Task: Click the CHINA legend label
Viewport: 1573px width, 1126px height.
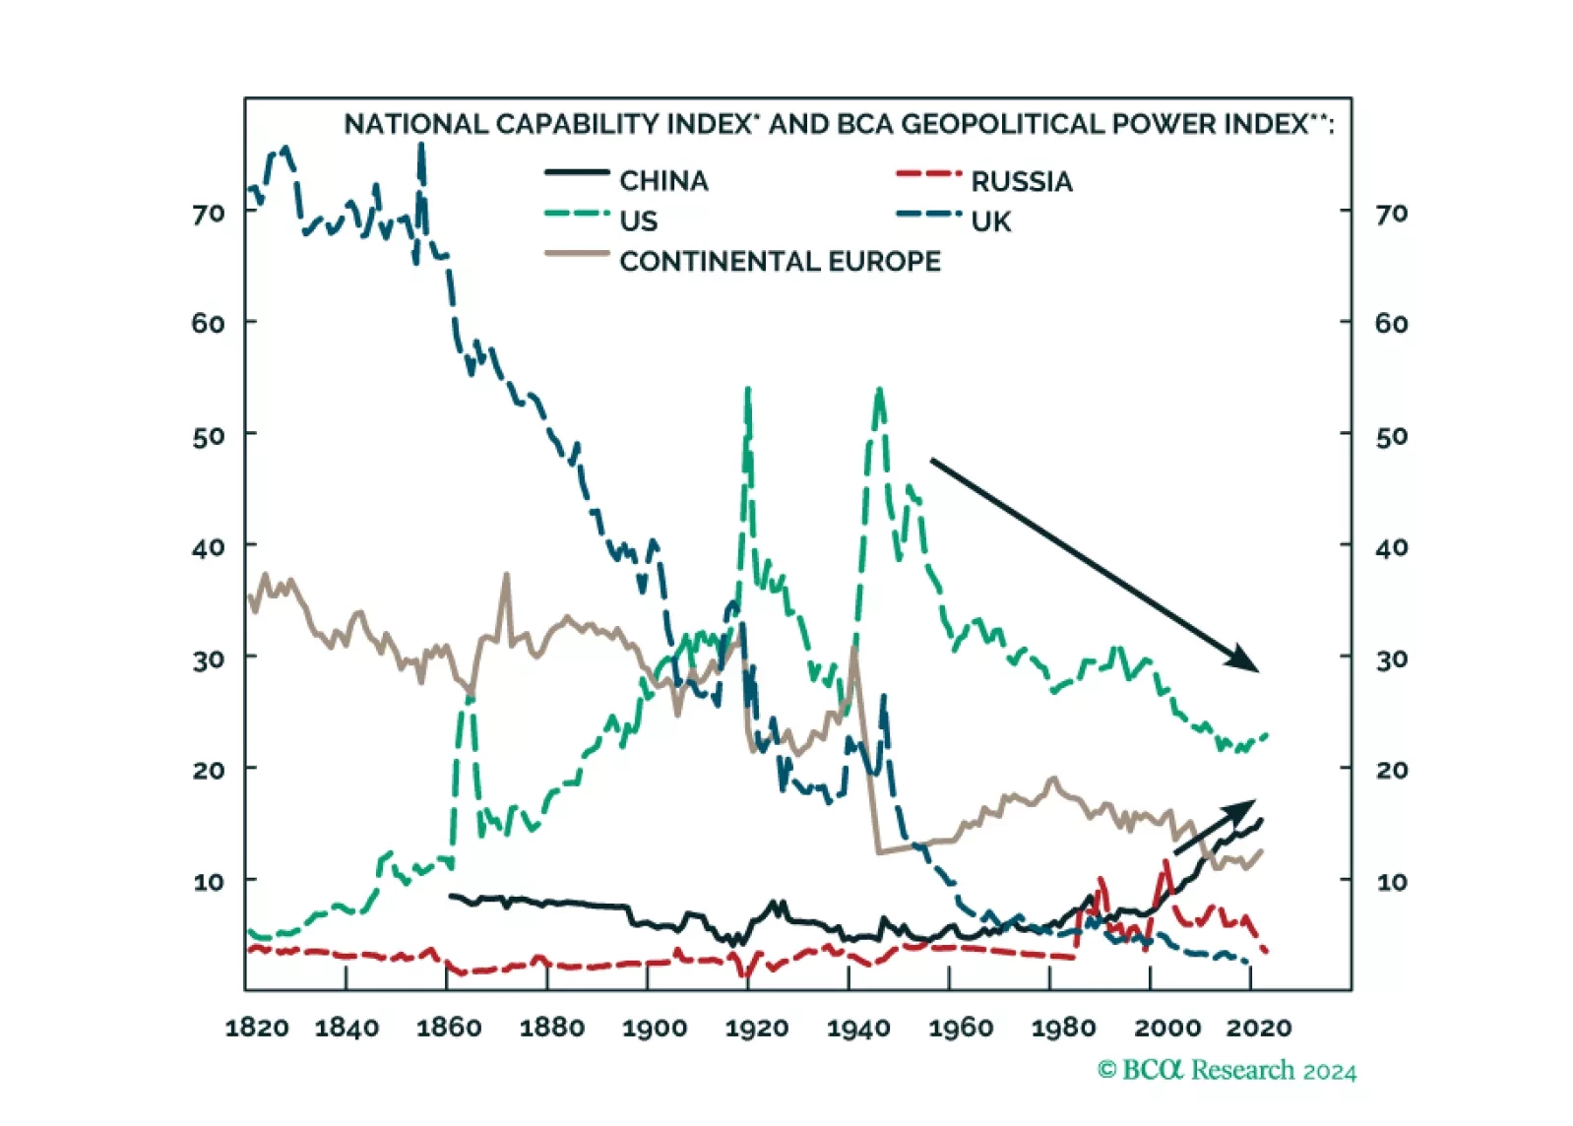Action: click(663, 181)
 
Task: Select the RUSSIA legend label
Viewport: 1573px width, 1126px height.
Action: click(1021, 182)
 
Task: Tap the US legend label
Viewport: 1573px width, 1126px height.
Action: click(638, 221)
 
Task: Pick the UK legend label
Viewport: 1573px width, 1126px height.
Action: click(990, 222)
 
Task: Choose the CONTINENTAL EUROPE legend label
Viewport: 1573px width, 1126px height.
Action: click(780, 262)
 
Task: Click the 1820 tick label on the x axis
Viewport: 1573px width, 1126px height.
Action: click(257, 1029)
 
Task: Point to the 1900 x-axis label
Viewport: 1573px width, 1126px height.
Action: click(655, 1029)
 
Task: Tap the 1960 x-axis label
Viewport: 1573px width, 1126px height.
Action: click(961, 1029)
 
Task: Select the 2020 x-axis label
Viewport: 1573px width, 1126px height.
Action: click(1259, 1029)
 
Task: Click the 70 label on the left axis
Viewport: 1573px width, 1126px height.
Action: click(209, 214)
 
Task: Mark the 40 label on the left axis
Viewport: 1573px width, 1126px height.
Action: click(209, 547)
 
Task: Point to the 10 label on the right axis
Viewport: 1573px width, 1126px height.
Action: click(1391, 882)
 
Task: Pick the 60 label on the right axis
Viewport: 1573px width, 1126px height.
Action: click(1391, 324)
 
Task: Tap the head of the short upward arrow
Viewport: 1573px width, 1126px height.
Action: click(1245, 807)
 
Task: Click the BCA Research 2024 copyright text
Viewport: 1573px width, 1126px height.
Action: click(1227, 1071)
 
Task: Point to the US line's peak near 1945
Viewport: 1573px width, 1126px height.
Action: click(879, 391)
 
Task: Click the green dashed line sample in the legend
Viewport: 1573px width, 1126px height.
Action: click(577, 214)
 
